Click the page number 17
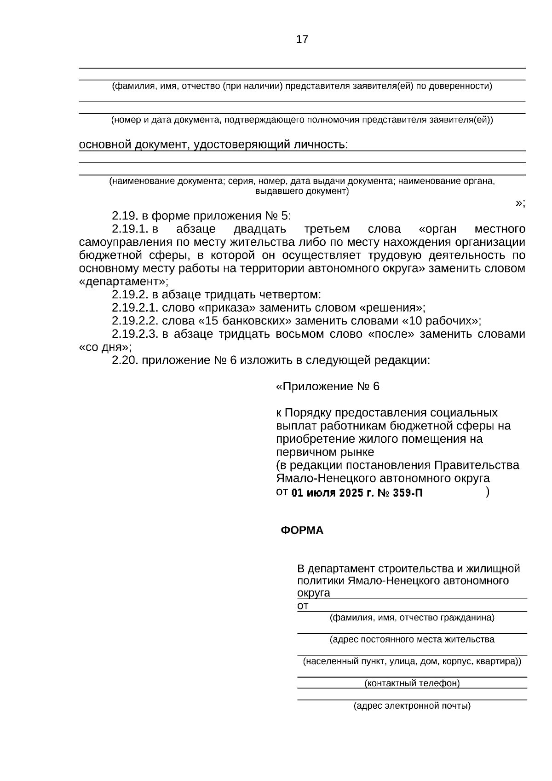pos(302,39)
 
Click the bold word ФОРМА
pos(302,530)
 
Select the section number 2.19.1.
pos(130,229)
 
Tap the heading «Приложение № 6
pos(328,387)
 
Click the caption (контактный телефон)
pos(412,683)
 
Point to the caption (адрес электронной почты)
pos(412,706)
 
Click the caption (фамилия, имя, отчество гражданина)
pos(412,618)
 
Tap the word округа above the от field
pos(313,593)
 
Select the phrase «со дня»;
pos(105,347)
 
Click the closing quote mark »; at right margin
pos(520,203)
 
